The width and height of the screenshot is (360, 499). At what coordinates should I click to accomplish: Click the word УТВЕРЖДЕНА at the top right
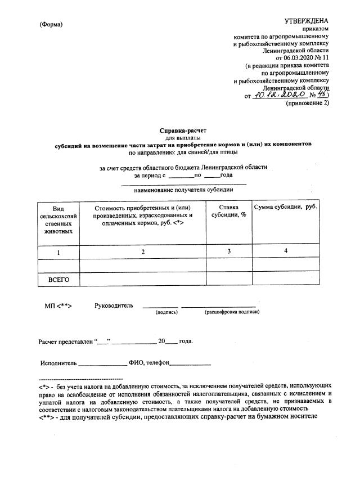click(307, 21)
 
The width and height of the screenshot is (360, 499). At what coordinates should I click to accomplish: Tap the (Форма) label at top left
click(52, 25)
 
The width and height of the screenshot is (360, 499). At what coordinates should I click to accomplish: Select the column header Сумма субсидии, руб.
click(286, 208)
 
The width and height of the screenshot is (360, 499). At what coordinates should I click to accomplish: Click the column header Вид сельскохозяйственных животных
click(58, 219)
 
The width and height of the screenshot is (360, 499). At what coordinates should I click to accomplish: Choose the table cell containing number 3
click(229, 252)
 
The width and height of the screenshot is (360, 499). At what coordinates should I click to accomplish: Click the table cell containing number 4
click(286, 252)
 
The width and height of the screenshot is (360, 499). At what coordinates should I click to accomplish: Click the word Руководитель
click(114, 305)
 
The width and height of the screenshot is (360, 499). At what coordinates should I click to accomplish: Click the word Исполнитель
click(58, 363)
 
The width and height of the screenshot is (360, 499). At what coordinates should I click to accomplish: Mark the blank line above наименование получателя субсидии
click(184, 183)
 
